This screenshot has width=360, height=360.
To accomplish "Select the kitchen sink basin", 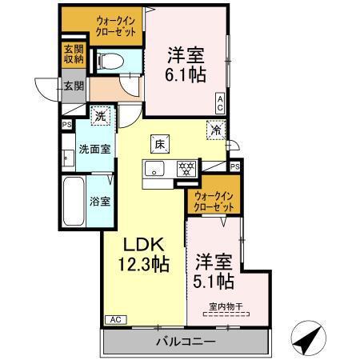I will (155, 168).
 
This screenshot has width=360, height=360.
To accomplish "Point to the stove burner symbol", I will (185, 168).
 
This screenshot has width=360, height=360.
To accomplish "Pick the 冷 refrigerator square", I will (215, 127).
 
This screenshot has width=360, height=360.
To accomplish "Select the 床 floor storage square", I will (159, 144).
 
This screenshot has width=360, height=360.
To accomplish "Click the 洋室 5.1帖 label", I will (214, 271).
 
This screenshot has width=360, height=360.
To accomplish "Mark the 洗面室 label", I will (94, 148).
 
